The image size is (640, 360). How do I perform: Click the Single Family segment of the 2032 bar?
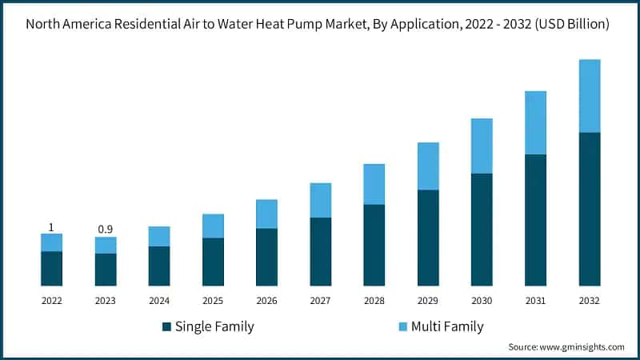590,209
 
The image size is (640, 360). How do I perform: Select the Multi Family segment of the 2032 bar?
590,96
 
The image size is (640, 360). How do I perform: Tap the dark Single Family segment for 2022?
52,268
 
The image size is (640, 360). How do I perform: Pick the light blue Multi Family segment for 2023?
106,245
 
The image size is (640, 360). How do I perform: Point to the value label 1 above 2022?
52,227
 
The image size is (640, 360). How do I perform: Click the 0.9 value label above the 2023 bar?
106,230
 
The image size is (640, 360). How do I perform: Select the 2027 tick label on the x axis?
321,301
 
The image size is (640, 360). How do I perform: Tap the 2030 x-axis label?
482,301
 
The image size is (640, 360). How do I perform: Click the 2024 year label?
159,301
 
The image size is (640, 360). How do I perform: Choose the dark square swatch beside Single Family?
166,326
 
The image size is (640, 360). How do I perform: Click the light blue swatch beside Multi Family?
402,326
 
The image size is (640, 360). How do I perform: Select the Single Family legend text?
214,326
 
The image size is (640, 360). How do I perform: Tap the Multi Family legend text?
447,326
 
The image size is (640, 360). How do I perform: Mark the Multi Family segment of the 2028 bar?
374,184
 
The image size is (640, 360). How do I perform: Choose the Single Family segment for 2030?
482,229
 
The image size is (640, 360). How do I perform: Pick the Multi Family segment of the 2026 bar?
266,214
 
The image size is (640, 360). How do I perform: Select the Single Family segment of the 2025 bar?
213,262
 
